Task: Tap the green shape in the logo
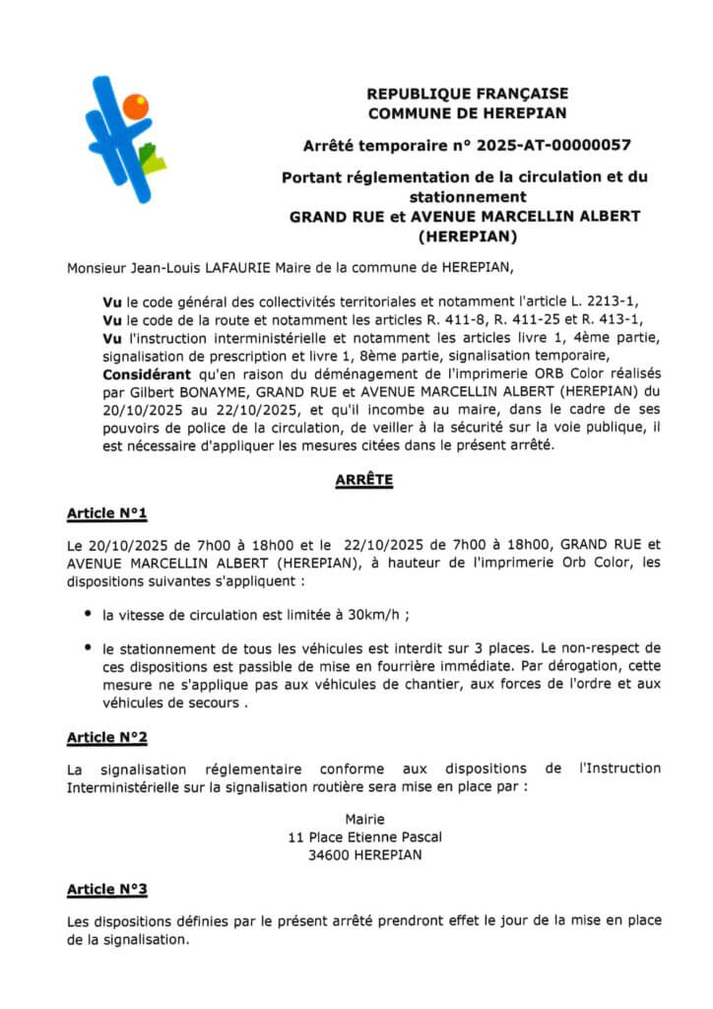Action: (x=152, y=158)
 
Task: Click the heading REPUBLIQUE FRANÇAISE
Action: (x=467, y=94)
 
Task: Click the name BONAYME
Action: (x=227, y=392)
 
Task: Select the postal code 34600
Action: (x=327, y=854)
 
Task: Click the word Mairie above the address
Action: (x=364, y=819)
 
